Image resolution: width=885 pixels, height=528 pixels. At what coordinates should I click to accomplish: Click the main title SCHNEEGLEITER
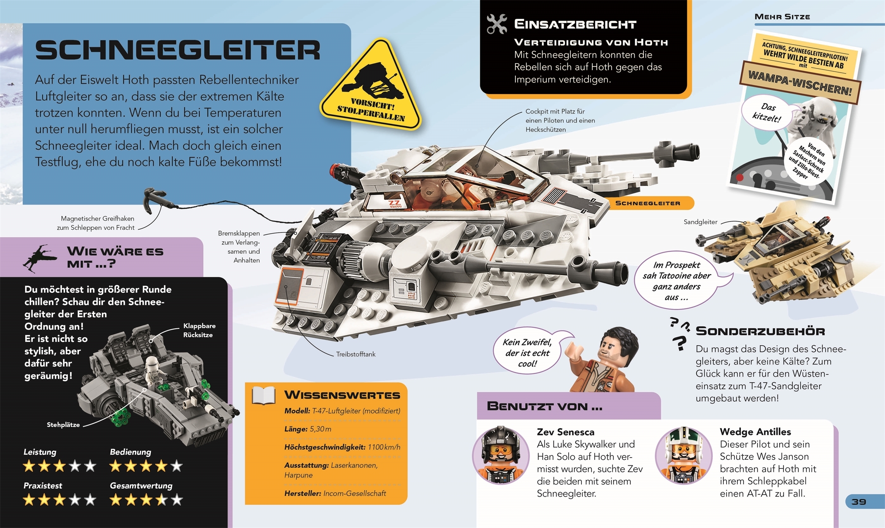(x=178, y=50)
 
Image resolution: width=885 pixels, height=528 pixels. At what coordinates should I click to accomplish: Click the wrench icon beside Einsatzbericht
(x=496, y=24)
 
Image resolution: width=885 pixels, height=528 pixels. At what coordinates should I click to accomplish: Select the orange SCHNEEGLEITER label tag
(x=648, y=203)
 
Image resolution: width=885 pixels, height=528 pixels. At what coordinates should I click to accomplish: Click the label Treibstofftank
(x=356, y=354)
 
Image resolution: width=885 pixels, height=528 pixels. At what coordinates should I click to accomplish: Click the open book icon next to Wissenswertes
(x=263, y=395)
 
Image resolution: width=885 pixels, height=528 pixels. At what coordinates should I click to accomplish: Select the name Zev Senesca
(x=565, y=432)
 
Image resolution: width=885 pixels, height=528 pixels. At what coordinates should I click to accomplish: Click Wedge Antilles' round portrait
(x=684, y=455)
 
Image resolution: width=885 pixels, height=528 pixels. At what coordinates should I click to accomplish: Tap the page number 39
(x=859, y=502)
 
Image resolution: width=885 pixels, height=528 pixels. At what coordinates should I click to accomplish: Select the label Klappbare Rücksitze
(x=199, y=330)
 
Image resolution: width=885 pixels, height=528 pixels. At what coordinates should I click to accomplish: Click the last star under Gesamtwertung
(x=177, y=500)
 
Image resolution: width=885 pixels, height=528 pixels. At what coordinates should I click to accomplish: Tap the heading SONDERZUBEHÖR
(x=760, y=331)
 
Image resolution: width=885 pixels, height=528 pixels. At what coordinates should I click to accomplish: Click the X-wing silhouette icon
(x=40, y=258)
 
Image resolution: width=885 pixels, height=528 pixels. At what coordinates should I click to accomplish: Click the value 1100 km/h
(x=384, y=447)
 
